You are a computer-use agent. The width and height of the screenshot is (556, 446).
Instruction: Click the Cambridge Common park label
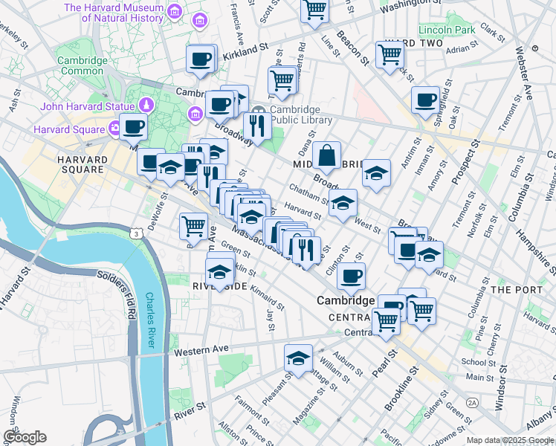(82, 65)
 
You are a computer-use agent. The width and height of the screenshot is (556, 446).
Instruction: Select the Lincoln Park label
(446, 30)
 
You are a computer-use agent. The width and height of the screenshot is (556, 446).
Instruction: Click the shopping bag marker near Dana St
(327, 157)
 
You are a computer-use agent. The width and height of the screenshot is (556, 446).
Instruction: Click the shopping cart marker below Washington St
(314, 10)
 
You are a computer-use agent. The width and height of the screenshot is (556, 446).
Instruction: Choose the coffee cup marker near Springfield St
(426, 100)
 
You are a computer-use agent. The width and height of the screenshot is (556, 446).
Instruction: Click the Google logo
(25, 437)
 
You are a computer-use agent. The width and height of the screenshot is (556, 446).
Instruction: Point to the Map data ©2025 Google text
(510, 440)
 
